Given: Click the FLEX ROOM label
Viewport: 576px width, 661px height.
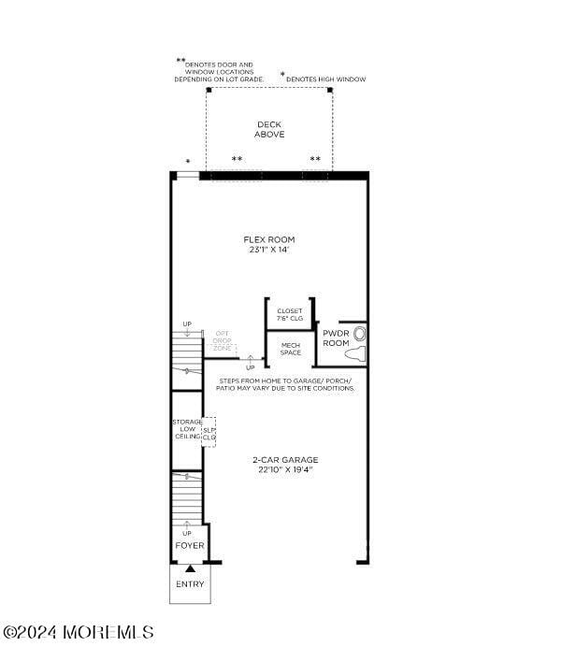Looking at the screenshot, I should point(268,239).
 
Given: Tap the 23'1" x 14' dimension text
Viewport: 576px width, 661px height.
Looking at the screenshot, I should point(268,250).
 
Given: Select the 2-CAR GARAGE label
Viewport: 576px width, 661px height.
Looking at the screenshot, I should point(284,459).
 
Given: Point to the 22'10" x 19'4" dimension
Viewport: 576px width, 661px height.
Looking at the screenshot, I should point(284,469).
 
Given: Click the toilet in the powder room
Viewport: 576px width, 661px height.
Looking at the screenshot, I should point(357,344).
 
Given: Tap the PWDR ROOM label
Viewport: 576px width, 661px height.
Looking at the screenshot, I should point(336,338).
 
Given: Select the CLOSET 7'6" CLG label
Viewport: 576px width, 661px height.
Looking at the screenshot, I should point(290,315).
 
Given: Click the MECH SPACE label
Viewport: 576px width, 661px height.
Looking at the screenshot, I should point(290,349).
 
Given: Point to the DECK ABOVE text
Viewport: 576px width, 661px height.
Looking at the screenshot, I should point(268,130).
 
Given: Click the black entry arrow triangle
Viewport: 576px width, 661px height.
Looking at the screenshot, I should point(190,568).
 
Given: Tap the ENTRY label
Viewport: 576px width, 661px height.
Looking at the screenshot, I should point(190,584).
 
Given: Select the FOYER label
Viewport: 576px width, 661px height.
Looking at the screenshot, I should point(190,545).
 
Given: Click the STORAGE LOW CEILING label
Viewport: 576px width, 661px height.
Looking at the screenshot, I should point(186,429).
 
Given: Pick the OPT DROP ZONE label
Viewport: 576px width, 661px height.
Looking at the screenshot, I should point(222,340).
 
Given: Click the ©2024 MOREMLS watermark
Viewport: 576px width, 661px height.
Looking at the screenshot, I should point(79,633).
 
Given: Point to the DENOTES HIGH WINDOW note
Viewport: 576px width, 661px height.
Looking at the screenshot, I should point(325,79).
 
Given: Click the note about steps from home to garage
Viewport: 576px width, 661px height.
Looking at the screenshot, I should point(285,384).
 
